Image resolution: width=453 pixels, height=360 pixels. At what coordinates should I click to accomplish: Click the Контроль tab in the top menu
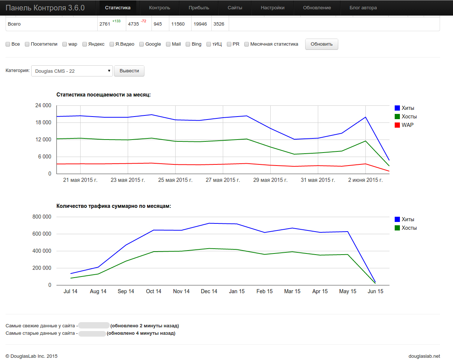click(159, 8)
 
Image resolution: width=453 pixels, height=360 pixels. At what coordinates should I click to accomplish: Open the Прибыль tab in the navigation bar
click(199, 8)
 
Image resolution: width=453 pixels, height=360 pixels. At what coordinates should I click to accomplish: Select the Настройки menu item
click(273, 8)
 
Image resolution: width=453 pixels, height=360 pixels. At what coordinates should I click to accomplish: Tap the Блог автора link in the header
click(363, 8)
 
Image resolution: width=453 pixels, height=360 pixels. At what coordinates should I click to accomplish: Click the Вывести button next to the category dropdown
click(129, 71)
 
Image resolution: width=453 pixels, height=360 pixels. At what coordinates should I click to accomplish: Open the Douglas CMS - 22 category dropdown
click(72, 71)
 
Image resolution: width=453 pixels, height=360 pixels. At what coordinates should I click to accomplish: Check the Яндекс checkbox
click(85, 44)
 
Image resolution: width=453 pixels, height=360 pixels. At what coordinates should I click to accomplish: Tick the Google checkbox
click(141, 44)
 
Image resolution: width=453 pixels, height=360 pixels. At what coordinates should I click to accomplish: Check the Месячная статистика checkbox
click(247, 44)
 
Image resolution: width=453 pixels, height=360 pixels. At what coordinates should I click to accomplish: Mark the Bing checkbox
click(188, 44)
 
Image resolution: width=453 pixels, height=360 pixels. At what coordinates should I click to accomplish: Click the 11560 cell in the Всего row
click(178, 24)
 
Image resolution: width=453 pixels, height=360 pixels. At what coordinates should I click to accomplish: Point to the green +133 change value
click(117, 21)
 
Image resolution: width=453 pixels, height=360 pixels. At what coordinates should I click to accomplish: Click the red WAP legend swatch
click(397, 125)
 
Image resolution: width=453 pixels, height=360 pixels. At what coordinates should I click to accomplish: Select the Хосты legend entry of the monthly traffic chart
click(405, 228)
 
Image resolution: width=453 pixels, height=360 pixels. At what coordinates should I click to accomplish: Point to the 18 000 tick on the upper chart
click(43, 122)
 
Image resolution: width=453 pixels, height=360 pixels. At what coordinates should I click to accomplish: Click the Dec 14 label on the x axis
click(209, 291)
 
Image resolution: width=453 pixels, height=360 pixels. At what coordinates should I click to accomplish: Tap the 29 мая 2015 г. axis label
click(270, 180)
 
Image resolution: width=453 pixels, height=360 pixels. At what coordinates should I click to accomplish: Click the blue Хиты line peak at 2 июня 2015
click(365, 117)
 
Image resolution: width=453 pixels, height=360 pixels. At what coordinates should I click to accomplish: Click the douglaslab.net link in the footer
click(424, 356)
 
